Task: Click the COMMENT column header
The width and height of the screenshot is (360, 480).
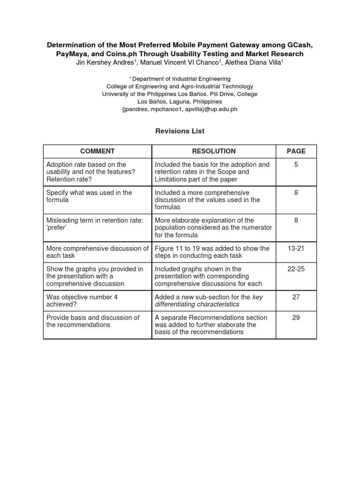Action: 97,151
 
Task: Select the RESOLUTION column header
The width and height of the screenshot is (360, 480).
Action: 214,151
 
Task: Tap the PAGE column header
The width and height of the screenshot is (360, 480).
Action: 296,151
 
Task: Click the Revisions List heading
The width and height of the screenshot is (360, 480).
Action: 180,131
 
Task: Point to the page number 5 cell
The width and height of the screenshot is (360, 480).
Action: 296,165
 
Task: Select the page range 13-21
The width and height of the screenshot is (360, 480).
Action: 296,248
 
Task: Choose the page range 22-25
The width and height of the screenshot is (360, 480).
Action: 296,269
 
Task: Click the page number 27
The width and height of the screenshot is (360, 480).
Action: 296,297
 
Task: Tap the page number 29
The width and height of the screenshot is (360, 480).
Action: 296,317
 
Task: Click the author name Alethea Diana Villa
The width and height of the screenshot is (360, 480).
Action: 253,62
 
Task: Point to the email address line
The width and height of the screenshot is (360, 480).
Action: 180,109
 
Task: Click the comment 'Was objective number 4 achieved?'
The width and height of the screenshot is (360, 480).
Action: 80,300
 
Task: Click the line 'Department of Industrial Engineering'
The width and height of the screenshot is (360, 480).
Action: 181,79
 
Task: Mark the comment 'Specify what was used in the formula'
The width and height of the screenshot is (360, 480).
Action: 89,196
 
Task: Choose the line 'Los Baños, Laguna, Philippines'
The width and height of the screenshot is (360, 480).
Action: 180,102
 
